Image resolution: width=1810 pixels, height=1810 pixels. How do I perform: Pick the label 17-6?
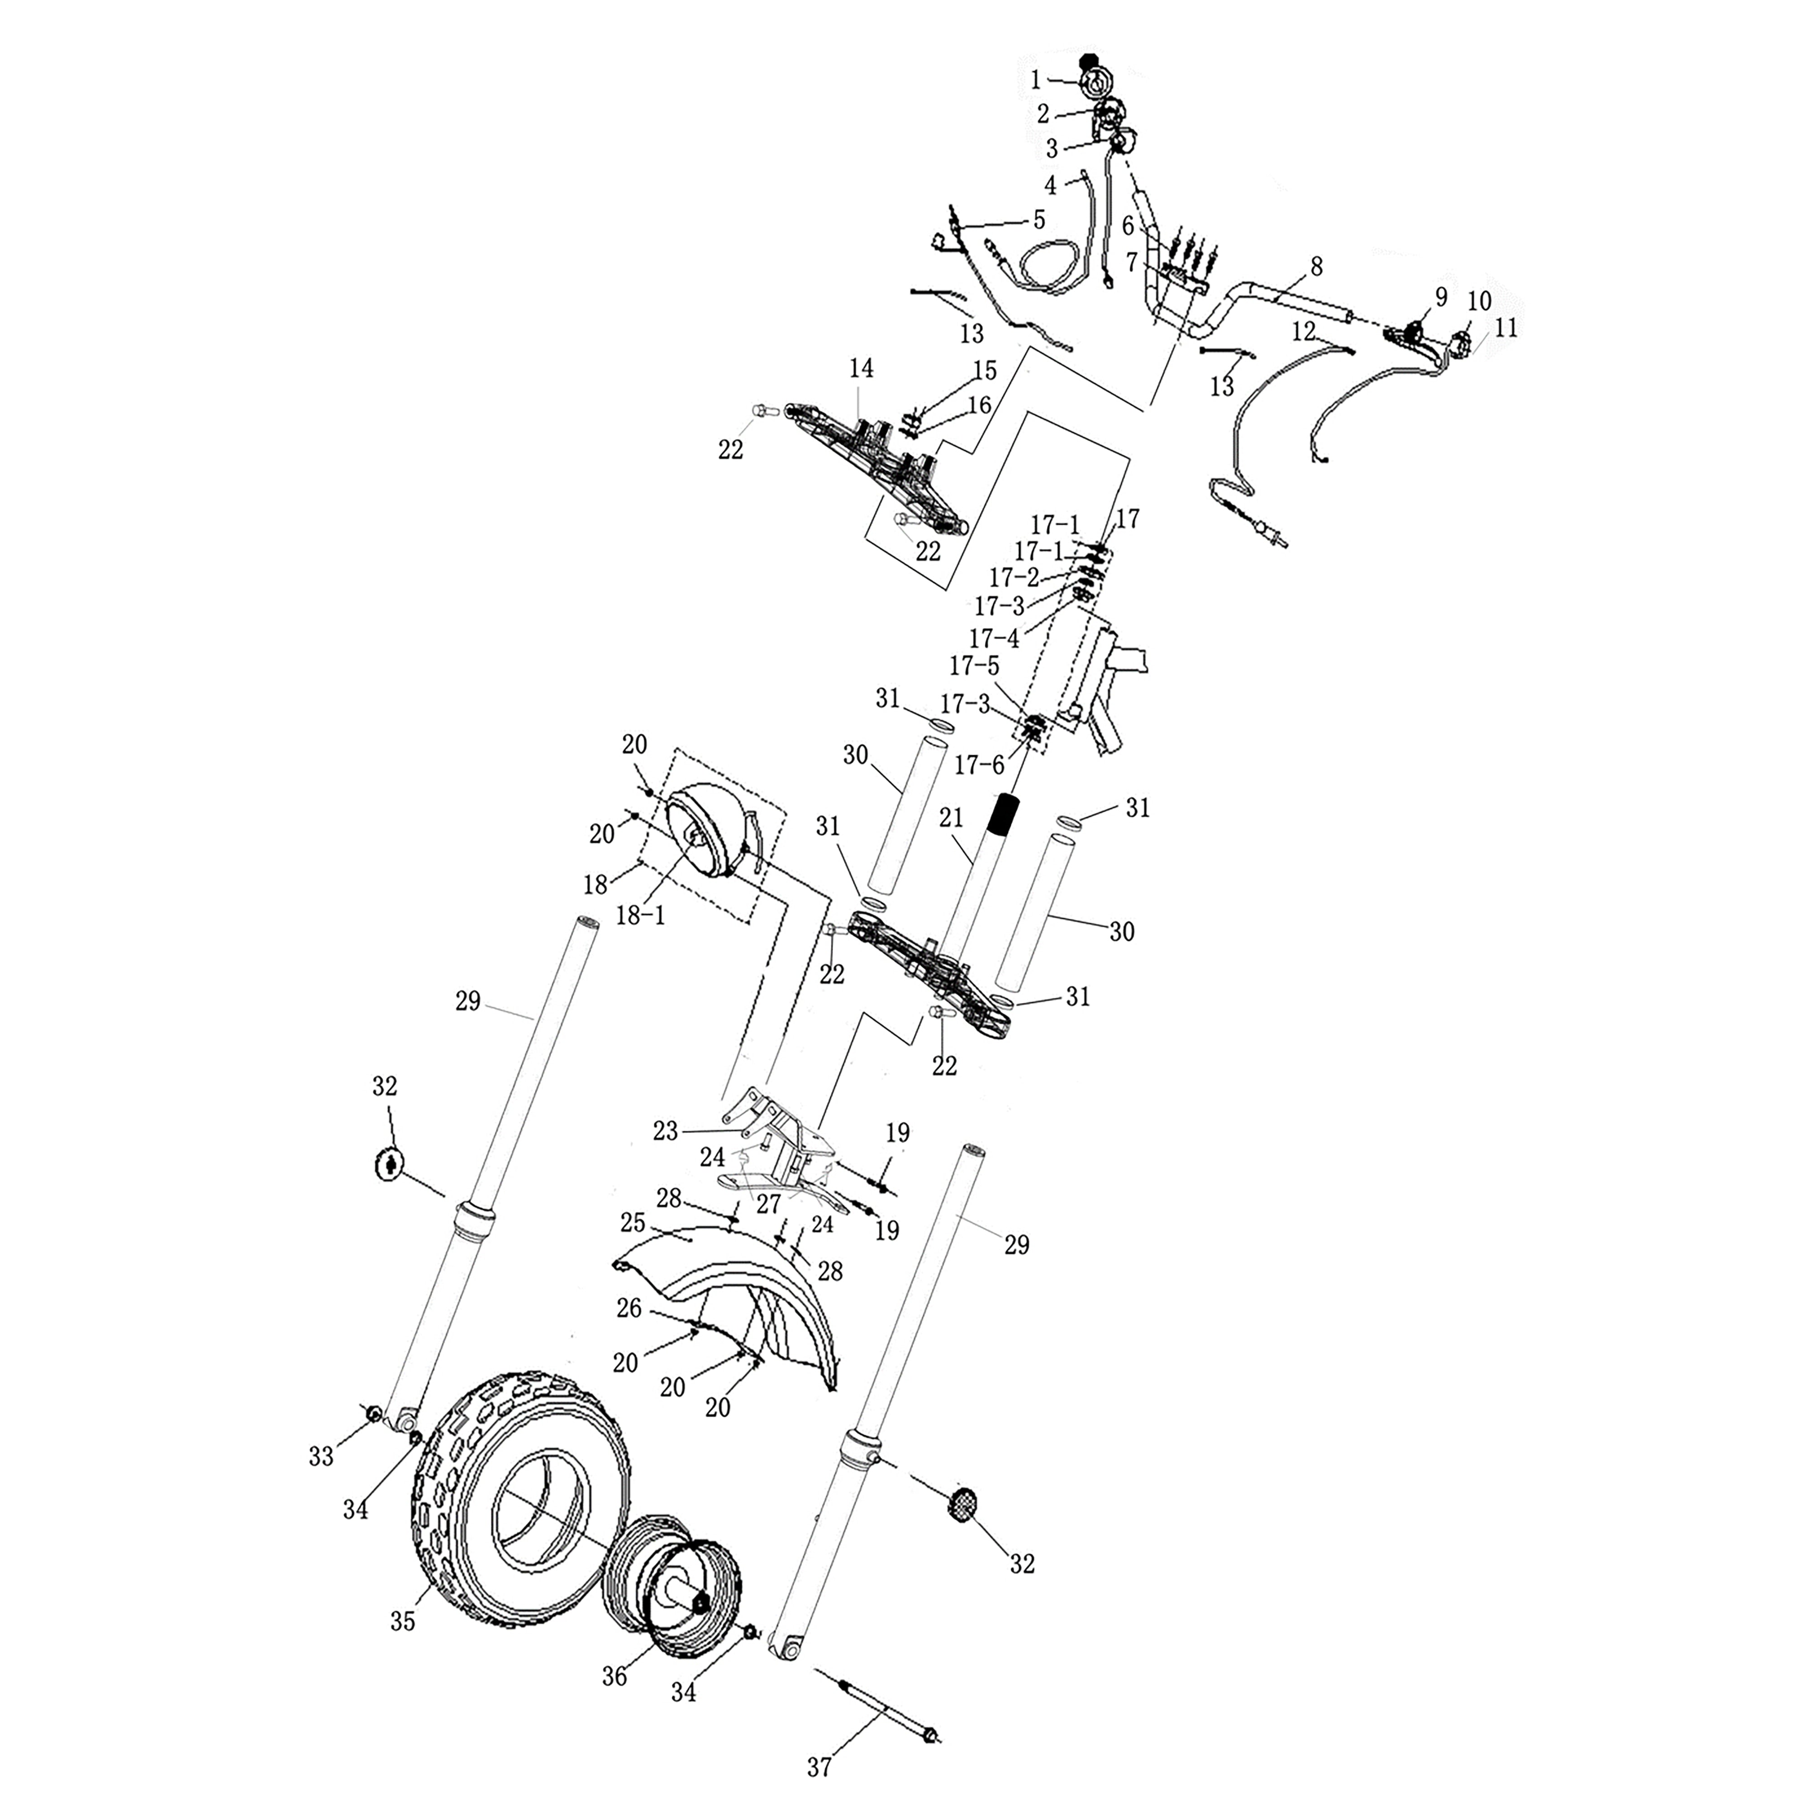(979, 766)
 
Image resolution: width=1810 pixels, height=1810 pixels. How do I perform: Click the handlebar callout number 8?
(1316, 267)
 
